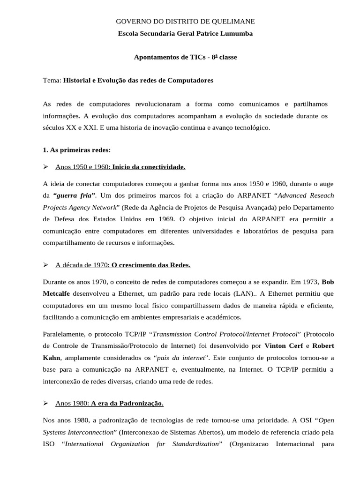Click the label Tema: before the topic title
(52, 80)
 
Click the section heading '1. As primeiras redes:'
(76, 150)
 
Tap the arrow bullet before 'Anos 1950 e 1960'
(46, 166)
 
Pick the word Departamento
(310, 206)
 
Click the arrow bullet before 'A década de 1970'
(46, 265)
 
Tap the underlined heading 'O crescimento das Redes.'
(151, 265)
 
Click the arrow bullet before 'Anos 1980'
(46, 403)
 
